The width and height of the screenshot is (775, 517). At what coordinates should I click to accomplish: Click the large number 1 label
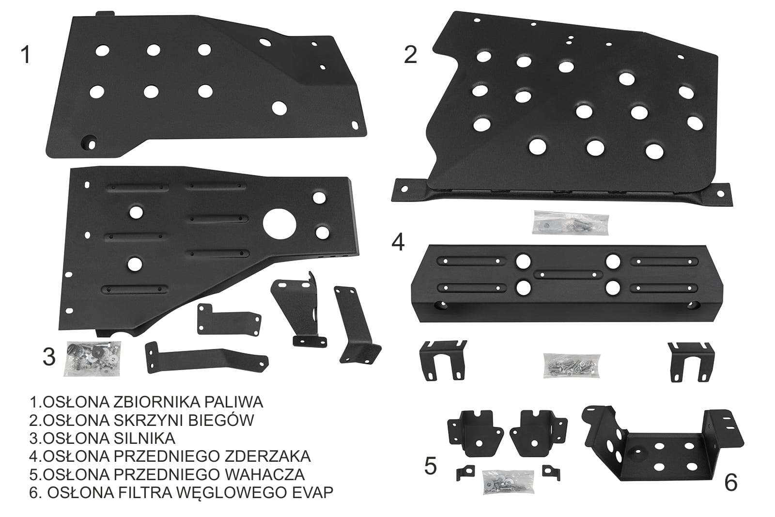[x=26, y=55]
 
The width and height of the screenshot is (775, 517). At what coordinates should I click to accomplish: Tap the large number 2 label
[x=410, y=55]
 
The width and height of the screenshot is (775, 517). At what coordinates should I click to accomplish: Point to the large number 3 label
[x=49, y=357]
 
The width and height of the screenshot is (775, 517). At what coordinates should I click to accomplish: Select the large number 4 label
[x=398, y=242]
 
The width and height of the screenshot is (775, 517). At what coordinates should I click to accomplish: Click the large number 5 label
[x=431, y=466]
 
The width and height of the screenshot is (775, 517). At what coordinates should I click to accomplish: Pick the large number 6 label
[x=731, y=483]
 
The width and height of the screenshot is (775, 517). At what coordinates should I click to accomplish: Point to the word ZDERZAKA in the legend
[x=267, y=456]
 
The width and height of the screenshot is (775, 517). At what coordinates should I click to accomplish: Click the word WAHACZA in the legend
[x=264, y=474]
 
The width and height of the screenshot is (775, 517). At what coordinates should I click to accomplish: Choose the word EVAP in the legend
[x=312, y=492]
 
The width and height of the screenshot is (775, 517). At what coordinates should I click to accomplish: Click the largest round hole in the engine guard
[x=279, y=224]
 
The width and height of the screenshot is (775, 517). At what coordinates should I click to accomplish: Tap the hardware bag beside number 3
[x=93, y=359]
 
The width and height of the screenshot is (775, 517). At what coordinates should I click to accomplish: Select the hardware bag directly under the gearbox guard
[x=571, y=223]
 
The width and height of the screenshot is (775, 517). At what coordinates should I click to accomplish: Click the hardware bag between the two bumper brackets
[x=572, y=365]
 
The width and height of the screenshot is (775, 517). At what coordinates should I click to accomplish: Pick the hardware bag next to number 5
[x=508, y=481]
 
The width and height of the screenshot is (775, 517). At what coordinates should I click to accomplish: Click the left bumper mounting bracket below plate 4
[x=443, y=360]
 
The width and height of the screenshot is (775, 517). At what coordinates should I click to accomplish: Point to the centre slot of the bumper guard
[x=568, y=275]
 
